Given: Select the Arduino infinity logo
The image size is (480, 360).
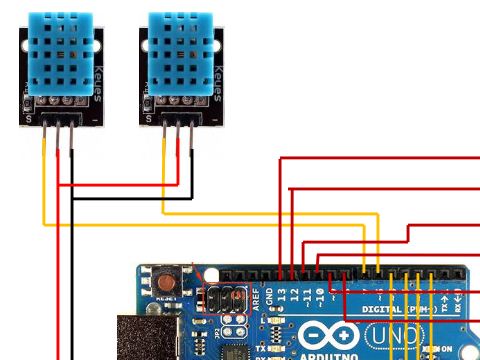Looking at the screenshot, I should [x=324, y=335].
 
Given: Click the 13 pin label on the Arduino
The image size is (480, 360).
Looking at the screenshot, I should [x=283, y=296].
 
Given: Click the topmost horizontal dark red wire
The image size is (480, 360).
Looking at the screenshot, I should [x=380, y=158].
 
